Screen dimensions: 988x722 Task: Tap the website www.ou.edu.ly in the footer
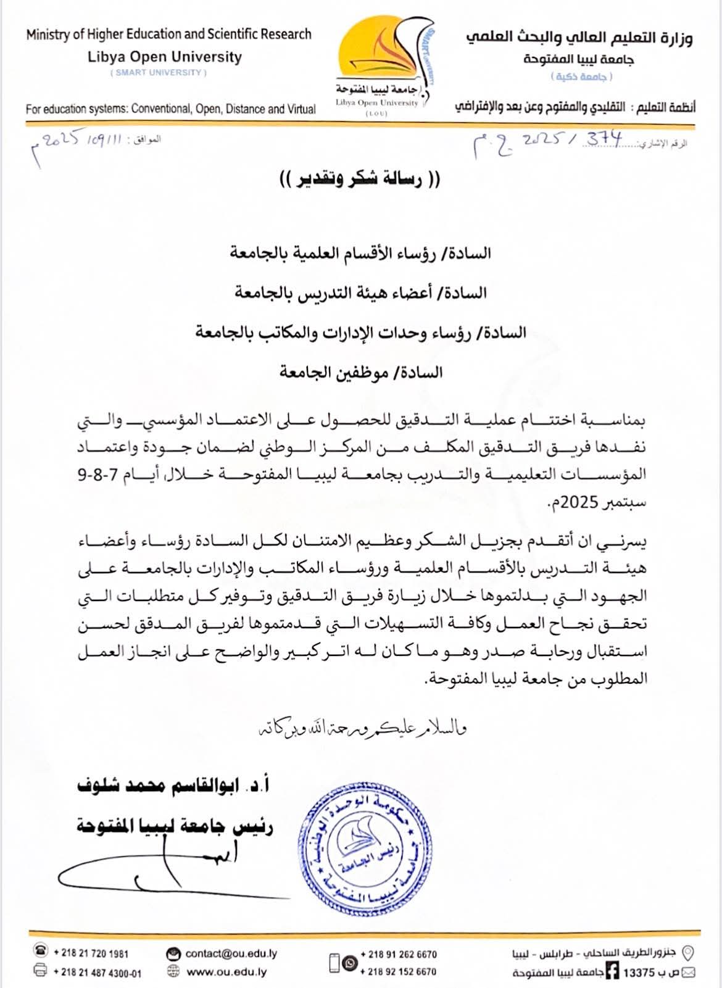(226, 972)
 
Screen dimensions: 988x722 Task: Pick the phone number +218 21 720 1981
(91, 953)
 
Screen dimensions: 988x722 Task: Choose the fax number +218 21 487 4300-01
(97, 973)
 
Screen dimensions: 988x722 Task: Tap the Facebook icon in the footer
(612, 971)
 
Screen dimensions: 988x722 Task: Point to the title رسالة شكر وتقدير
(360, 180)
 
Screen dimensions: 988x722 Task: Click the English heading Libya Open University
(164, 57)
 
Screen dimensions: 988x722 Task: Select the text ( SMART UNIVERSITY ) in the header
(159, 73)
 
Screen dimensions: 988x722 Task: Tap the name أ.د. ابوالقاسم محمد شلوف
(173, 786)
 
